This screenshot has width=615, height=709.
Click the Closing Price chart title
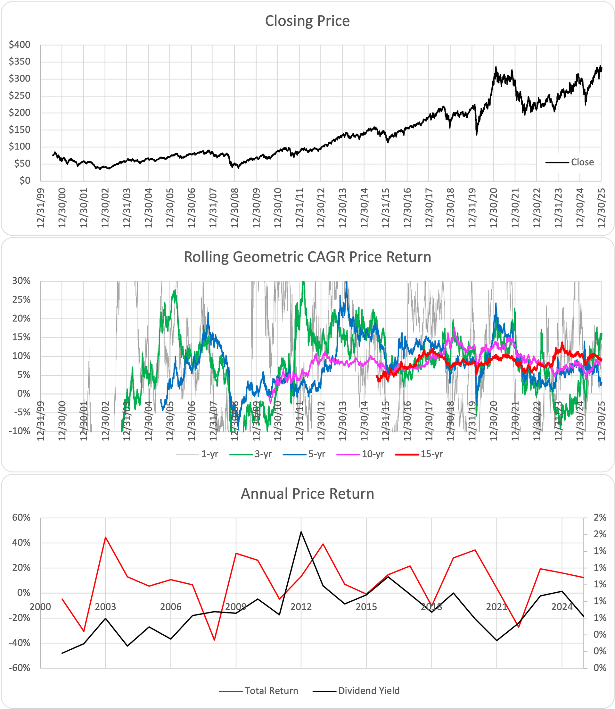tap(307, 21)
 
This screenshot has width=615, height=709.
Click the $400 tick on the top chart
tap(20, 45)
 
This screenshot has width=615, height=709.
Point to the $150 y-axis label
tap(20, 129)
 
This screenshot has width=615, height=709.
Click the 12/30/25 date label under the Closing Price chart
tap(601, 207)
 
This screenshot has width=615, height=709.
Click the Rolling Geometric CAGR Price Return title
tap(307, 257)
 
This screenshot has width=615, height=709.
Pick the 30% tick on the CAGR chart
tap(21, 281)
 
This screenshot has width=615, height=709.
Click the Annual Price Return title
tap(307, 494)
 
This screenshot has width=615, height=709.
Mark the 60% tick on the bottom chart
tap(21, 518)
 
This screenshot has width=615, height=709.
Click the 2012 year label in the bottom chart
tap(301, 607)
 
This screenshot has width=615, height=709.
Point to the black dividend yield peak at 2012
tap(301, 532)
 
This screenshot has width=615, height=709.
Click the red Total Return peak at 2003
tap(105, 537)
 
